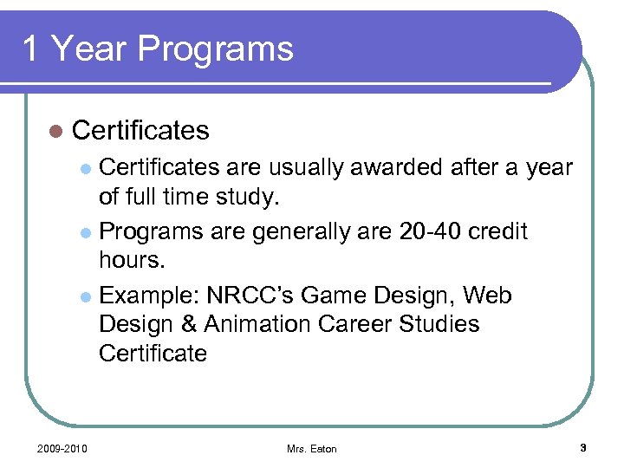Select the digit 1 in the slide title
[x=31, y=49]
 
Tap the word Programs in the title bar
[x=215, y=49]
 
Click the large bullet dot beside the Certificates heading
[x=56, y=131]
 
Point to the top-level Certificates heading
[x=140, y=130]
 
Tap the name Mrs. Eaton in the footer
[x=312, y=449]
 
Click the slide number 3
[x=583, y=447]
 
